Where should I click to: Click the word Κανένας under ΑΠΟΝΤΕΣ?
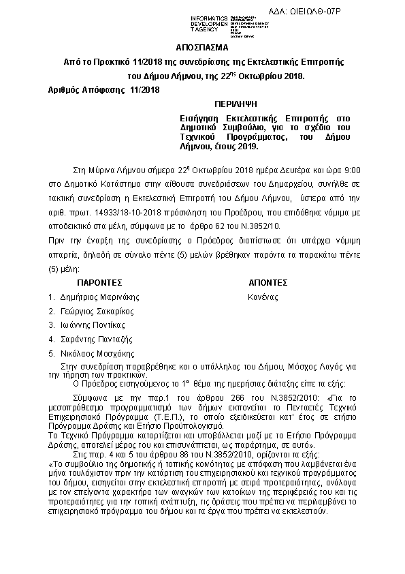tap(263, 297)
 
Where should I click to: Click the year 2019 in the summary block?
tap(246, 146)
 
